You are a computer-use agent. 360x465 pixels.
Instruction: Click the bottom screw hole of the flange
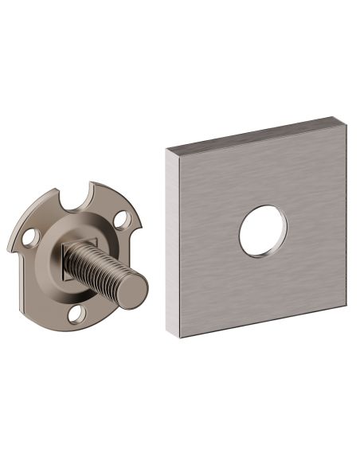[76, 315]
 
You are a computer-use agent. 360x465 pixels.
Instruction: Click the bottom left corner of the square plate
[180, 337]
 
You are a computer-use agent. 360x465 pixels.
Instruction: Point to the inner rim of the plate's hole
[246, 240]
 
